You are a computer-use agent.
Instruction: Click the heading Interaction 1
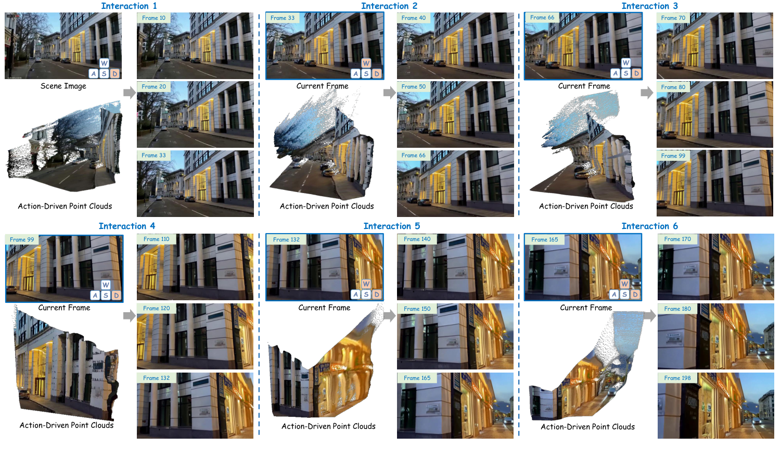129,6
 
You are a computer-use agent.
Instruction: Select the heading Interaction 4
126,226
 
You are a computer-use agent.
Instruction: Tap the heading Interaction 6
649,226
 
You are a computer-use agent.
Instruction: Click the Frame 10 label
153,18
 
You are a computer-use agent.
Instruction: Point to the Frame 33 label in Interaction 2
283,18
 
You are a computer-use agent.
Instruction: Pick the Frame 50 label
414,86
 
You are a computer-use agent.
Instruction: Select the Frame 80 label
673,87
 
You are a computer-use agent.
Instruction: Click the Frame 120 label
157,308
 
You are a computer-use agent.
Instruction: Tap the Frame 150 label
417,309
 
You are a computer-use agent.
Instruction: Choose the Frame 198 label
677,378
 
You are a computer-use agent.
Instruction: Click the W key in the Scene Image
104,63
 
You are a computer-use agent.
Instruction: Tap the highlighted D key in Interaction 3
636,73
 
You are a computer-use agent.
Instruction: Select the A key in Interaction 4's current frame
95,296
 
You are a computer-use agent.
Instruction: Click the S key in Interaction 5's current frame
366,295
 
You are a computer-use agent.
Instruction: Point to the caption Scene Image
63,86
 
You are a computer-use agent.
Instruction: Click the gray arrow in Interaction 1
129,93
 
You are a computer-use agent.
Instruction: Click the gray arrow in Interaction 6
649,315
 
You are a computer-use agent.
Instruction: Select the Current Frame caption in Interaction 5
324,308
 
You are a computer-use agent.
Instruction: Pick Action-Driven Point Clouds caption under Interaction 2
327,206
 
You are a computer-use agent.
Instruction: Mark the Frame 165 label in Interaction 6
545,239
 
